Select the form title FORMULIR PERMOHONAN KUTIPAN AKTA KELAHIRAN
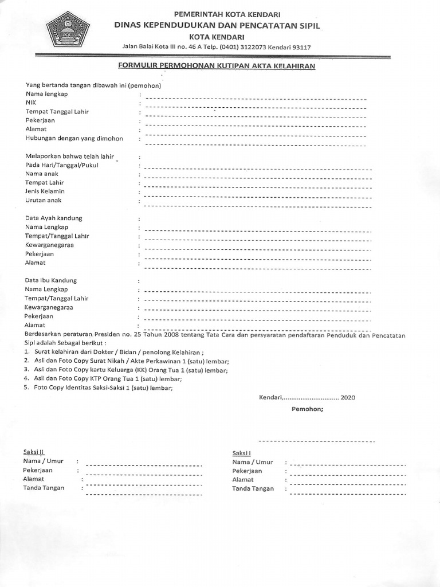(217, 66)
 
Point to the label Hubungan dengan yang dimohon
(74, 139)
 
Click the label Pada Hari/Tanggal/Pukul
(61, 165)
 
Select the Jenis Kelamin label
(45, 191)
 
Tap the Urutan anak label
(43, 201)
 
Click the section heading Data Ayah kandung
(54, 218)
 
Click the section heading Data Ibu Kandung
(51, 280)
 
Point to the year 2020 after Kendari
(348, 397)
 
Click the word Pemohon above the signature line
(307, 410)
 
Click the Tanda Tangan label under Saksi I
(253, 489)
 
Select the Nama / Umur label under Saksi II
(43, 461)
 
